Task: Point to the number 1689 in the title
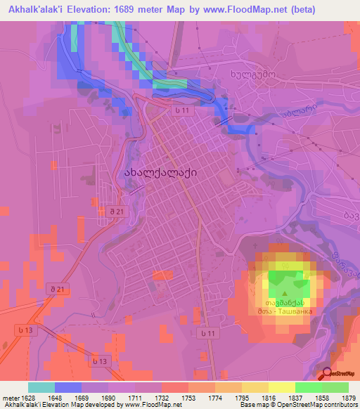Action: coord(127,9)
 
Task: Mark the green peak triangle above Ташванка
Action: coord(283,292)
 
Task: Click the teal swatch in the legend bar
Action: coord(41,387)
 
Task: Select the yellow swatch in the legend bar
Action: coord(281,387)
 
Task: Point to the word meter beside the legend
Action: coord(9,398)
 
